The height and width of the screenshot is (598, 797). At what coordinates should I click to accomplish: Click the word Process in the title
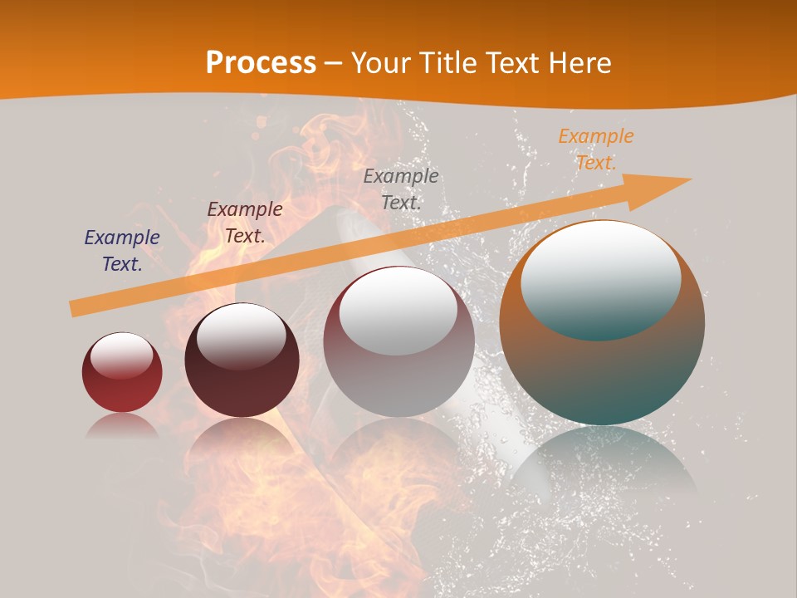click(261, 63)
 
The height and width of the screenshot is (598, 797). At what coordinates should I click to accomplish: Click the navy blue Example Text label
click(121, 251)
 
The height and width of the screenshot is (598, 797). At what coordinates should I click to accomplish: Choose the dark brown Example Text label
click(244, 223)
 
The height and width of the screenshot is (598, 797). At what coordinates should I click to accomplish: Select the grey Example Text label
click(401, 189)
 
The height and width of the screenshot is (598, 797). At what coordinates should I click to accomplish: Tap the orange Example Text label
click(595, 149)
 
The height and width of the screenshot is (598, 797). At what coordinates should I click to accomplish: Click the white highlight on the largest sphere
click(601, 278)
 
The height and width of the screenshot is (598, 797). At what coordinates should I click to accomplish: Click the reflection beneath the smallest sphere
click(122, 425)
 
